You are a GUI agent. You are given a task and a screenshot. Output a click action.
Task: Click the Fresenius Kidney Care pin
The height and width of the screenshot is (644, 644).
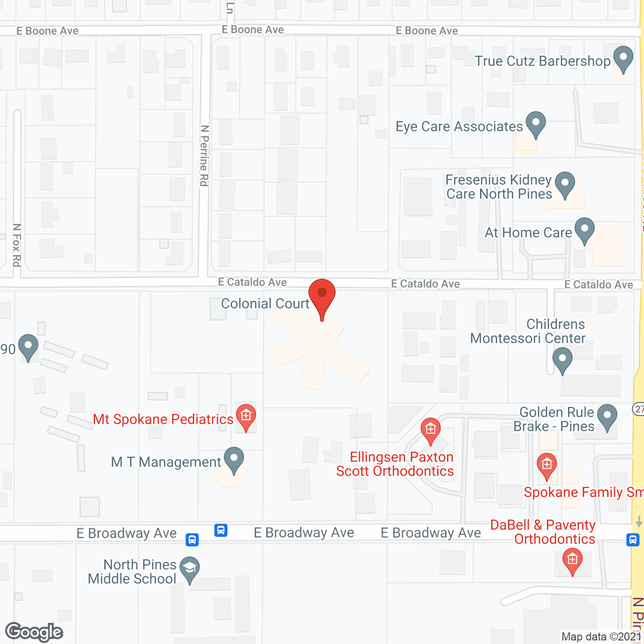(565, 184)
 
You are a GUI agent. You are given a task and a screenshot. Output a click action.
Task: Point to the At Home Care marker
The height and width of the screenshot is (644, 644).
(584, 229)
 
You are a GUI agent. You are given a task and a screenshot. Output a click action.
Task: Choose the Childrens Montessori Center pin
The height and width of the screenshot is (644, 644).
(562, 360)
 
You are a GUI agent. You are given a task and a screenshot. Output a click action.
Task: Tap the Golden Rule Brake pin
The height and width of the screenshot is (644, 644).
(607, 417)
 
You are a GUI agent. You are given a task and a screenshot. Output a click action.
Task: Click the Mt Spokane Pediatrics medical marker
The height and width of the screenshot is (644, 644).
(246, 416)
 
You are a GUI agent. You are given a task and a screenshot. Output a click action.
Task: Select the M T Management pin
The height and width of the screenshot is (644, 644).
(233, 459)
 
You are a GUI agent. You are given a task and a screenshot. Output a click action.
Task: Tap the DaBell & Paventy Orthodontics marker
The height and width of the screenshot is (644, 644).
(572, 560)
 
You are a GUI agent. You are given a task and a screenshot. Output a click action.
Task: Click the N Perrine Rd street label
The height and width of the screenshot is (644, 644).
(204, 156)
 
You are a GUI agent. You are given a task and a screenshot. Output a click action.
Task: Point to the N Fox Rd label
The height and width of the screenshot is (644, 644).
(17, 245)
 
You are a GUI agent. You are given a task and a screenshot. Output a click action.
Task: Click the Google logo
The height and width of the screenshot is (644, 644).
(34, 632)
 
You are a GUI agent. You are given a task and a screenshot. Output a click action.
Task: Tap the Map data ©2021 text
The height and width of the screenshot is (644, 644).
(601, 637)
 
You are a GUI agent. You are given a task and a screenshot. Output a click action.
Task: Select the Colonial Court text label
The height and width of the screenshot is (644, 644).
(265, 304)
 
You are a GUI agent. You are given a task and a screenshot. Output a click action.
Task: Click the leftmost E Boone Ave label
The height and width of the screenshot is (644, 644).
(48, 31)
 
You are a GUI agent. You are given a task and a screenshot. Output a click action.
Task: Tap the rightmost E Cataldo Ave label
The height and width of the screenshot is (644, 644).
(598, 285)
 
